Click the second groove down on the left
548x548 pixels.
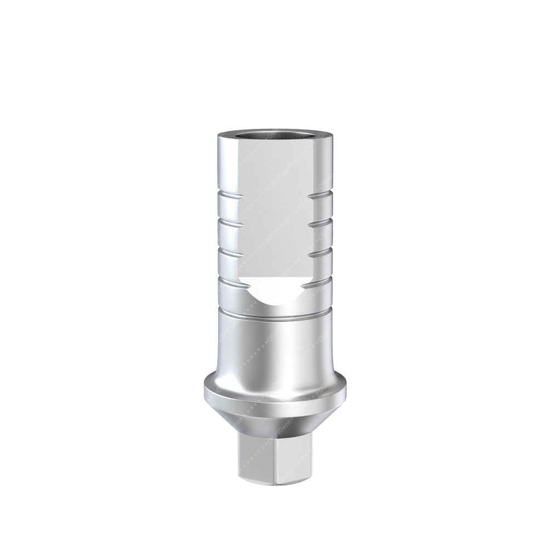(227, 223)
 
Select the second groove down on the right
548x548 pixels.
(321, 223)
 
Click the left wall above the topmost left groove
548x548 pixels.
(225, 164)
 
